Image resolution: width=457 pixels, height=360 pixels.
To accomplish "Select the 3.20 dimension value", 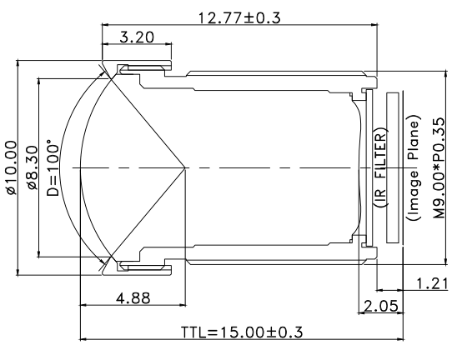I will [x=136, y=37].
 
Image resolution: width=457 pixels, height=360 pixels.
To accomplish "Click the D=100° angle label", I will [x=53, y=169].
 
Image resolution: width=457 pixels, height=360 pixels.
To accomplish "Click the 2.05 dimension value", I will [x=379, y=307].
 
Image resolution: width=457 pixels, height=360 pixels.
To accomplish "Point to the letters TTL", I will [x=193, y=331].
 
